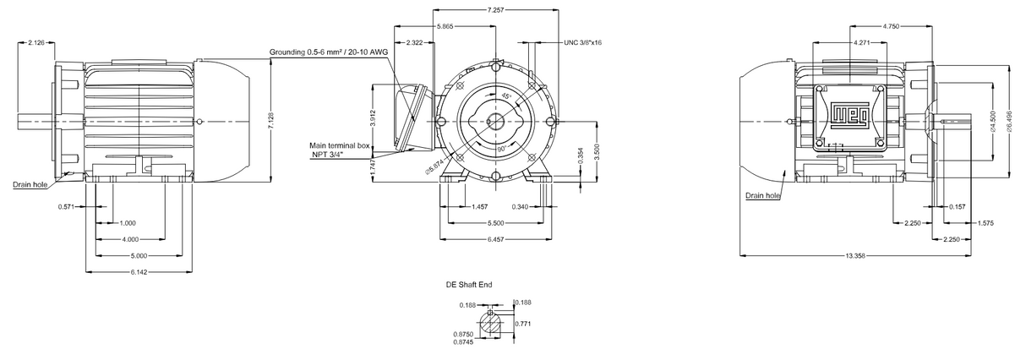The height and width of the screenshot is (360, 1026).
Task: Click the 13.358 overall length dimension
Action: (855, 254)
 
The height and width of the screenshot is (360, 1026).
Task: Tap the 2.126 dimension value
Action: (36, 42)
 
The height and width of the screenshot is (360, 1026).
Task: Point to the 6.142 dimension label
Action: (139, 271)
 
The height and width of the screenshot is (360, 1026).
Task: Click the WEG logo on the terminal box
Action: (851, 114)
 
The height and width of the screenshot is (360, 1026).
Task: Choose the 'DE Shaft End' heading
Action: (469, 286)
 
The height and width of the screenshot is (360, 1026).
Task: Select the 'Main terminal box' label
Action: (341, 146)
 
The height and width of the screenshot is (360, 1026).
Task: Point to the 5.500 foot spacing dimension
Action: (497, 222)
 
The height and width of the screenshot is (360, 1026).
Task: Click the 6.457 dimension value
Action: (497, 239)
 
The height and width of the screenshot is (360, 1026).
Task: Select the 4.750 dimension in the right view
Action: (890, 26)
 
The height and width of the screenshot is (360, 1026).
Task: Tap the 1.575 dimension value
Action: (985, 223)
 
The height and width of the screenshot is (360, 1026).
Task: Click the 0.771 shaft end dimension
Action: (522, 323)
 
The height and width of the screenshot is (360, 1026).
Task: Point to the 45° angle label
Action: (506, 97)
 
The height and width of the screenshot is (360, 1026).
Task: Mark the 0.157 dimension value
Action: (958, 206)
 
